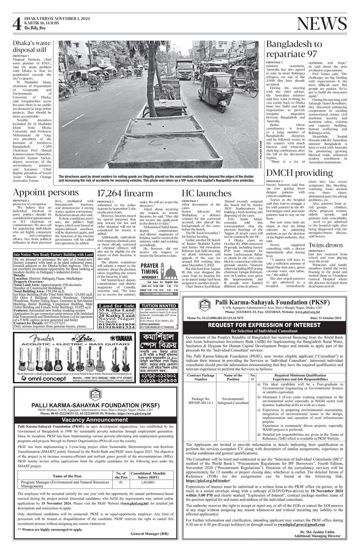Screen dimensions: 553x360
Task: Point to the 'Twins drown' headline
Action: click(325, 245)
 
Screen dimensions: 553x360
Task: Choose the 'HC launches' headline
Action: click(206, 193)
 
